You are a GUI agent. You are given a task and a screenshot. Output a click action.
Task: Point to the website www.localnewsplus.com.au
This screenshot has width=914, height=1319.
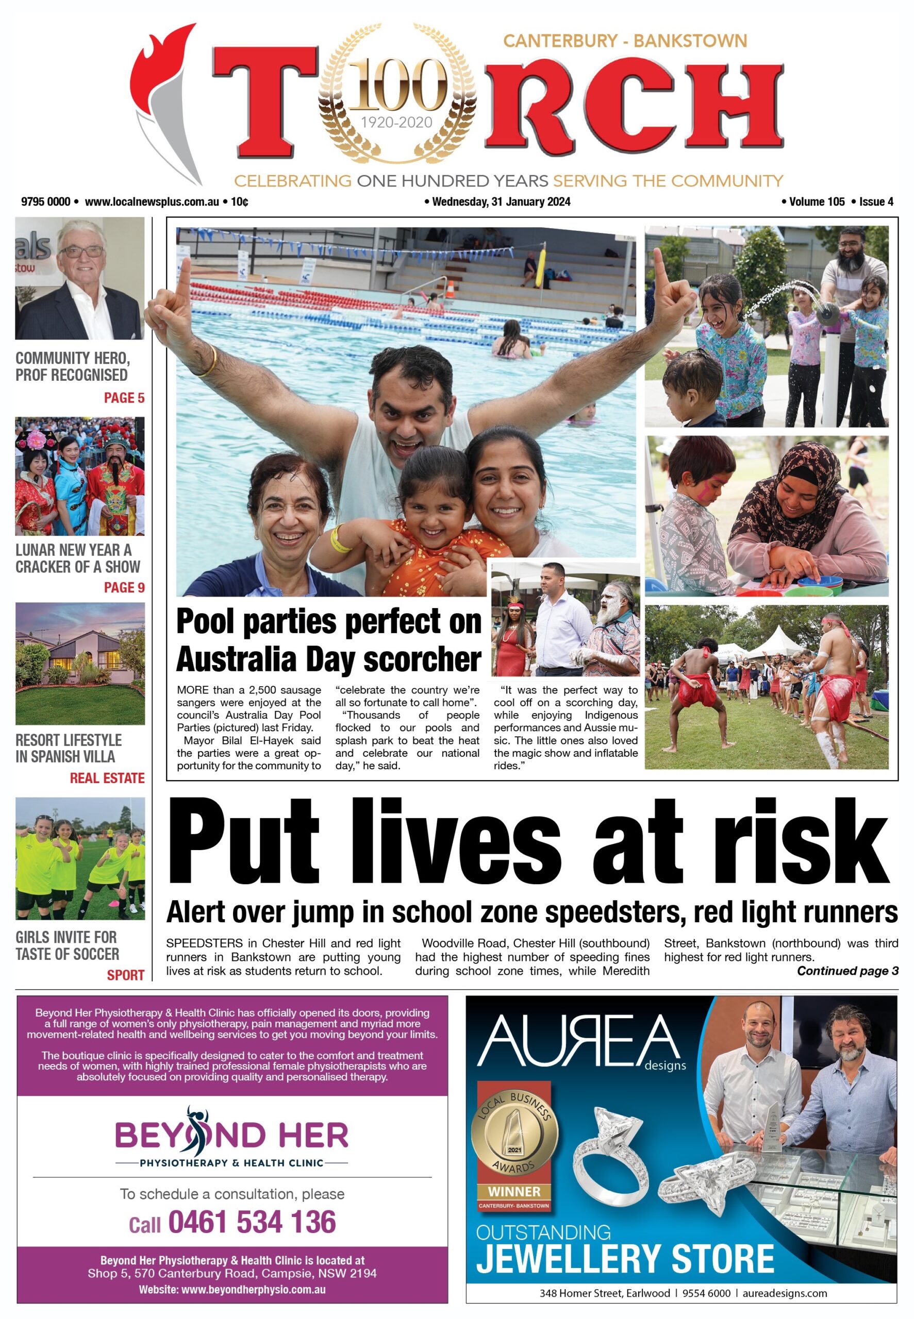pos(152,201)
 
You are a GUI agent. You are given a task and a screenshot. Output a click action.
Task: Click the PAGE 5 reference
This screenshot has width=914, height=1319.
pos(124,398)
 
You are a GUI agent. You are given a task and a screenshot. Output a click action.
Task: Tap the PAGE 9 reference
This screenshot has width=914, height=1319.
pos(124,588)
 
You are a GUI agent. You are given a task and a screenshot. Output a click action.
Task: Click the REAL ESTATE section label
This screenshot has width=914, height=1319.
pos(107,778)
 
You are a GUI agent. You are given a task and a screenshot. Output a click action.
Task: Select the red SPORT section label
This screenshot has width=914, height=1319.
pos(125,975)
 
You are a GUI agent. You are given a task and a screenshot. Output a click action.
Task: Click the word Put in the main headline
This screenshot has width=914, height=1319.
pos(243,844)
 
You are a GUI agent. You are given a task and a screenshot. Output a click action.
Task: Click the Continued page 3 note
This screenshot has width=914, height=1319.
pos(847,971)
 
